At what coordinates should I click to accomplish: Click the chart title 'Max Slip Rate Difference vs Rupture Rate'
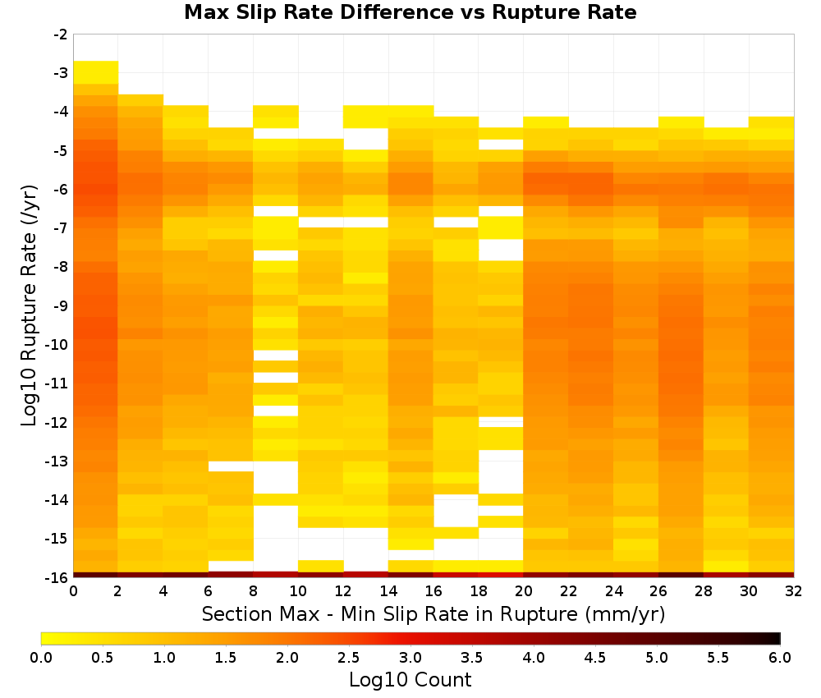tap(410, 12)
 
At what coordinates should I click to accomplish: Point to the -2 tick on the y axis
tap(61, 34)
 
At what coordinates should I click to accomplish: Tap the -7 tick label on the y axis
tap(61, 227)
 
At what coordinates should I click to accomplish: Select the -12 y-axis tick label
tap(58, 422)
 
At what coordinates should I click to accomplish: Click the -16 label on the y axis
tap(58, 577)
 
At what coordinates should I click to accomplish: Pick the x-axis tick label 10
tap(298, 591)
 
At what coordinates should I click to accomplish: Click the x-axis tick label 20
tap(523, 591)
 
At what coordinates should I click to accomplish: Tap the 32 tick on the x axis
tap(793, 591)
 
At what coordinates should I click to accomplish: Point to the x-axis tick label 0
tap(73, 591)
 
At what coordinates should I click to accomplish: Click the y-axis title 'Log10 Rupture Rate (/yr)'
tap(29, 305)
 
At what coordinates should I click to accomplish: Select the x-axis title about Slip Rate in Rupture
tap(433, 613)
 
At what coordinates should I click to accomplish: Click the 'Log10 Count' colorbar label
tap(410, 680)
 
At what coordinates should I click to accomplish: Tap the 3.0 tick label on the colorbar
tap(410, 657)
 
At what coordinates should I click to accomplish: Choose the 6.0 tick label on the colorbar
tap(780, 657)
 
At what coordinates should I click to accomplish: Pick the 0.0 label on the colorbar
tap(41, 657)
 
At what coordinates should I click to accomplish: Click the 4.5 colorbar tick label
tap(595, 657)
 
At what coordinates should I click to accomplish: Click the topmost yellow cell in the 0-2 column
tap(96, 72)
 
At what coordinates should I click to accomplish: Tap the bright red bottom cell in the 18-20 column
tap(501, 575)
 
